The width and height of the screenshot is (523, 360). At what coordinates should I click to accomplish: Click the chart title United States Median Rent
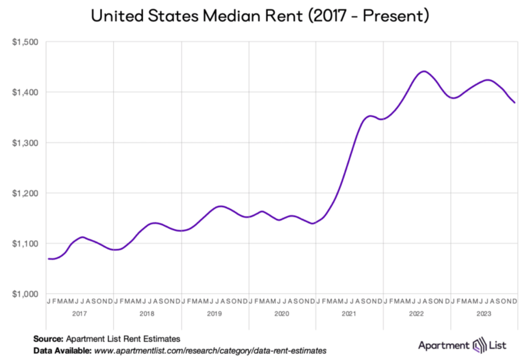click(x=260, y=16)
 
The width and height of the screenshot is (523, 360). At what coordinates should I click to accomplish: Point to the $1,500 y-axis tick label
click(x=24, y=42)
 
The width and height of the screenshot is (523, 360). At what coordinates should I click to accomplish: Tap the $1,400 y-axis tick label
click(x=24, y=92)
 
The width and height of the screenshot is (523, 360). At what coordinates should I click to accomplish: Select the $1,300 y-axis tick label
click(x=24, y=142)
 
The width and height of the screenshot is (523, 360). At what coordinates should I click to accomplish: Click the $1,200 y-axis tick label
click(x=24, y=193)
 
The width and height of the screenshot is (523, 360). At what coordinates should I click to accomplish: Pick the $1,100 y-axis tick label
click(x=24, y=244)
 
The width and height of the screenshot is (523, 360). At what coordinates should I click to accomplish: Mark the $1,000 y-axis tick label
click(x=24, y=294)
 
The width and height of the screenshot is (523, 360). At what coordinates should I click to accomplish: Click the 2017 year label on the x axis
click(x=79, y=313)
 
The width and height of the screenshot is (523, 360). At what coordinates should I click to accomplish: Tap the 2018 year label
click(x=147, y=313)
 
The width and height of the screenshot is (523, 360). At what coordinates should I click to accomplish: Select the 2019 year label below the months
click(x=214, y=313)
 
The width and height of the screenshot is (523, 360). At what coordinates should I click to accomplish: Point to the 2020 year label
click(x=282, y=313)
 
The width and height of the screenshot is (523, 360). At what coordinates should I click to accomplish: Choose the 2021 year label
click(x=349, y=313)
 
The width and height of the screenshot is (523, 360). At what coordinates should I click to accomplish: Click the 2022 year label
click(x=417, y=313)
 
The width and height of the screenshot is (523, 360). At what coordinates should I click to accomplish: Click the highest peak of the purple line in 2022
click(x=423, y=71)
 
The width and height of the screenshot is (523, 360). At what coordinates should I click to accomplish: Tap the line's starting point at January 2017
click(x=49, y=259)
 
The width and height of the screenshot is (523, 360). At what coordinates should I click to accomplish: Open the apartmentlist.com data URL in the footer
click(x=209, y=351)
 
